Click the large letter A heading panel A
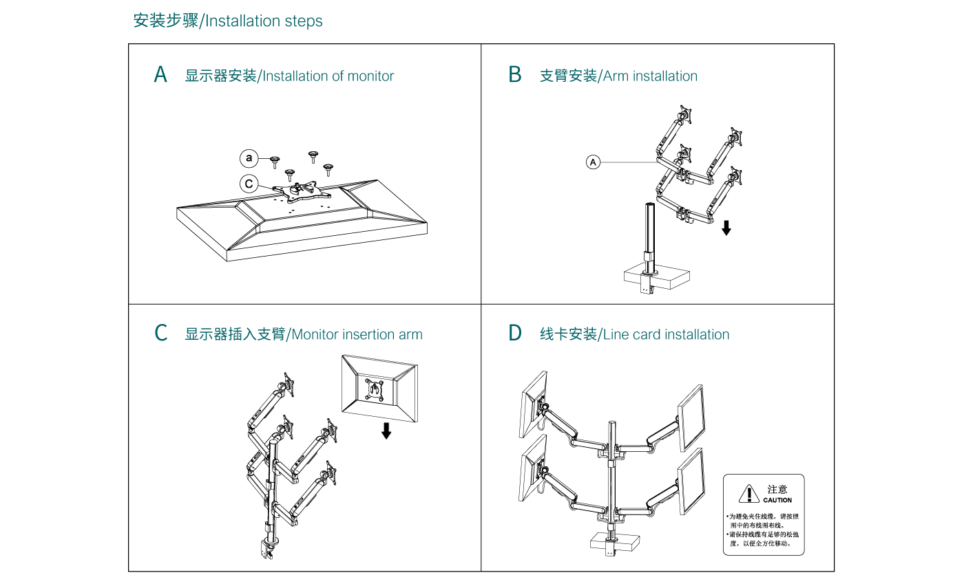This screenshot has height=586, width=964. (x=160, y=75)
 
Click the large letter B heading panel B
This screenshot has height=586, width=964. (x=515, y=75)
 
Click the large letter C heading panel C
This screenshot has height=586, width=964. (x=161, y=334)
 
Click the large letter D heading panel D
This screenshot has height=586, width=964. (x=515, y=334)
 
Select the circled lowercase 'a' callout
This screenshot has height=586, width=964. (x=249, y=159)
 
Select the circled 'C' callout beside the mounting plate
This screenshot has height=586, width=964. (x=249, y=184)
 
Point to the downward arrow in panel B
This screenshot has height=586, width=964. (x=726, y=228)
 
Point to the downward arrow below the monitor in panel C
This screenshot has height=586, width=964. (x=386, y=431)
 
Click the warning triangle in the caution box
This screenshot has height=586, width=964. (x=748, y=494)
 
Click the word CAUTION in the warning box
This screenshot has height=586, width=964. (x=777, y=501)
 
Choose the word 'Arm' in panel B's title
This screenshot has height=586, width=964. (x=616, y=76)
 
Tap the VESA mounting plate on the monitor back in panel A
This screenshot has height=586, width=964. (x=297, y=189)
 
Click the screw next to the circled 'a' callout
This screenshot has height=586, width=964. (x=275, y=162)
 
